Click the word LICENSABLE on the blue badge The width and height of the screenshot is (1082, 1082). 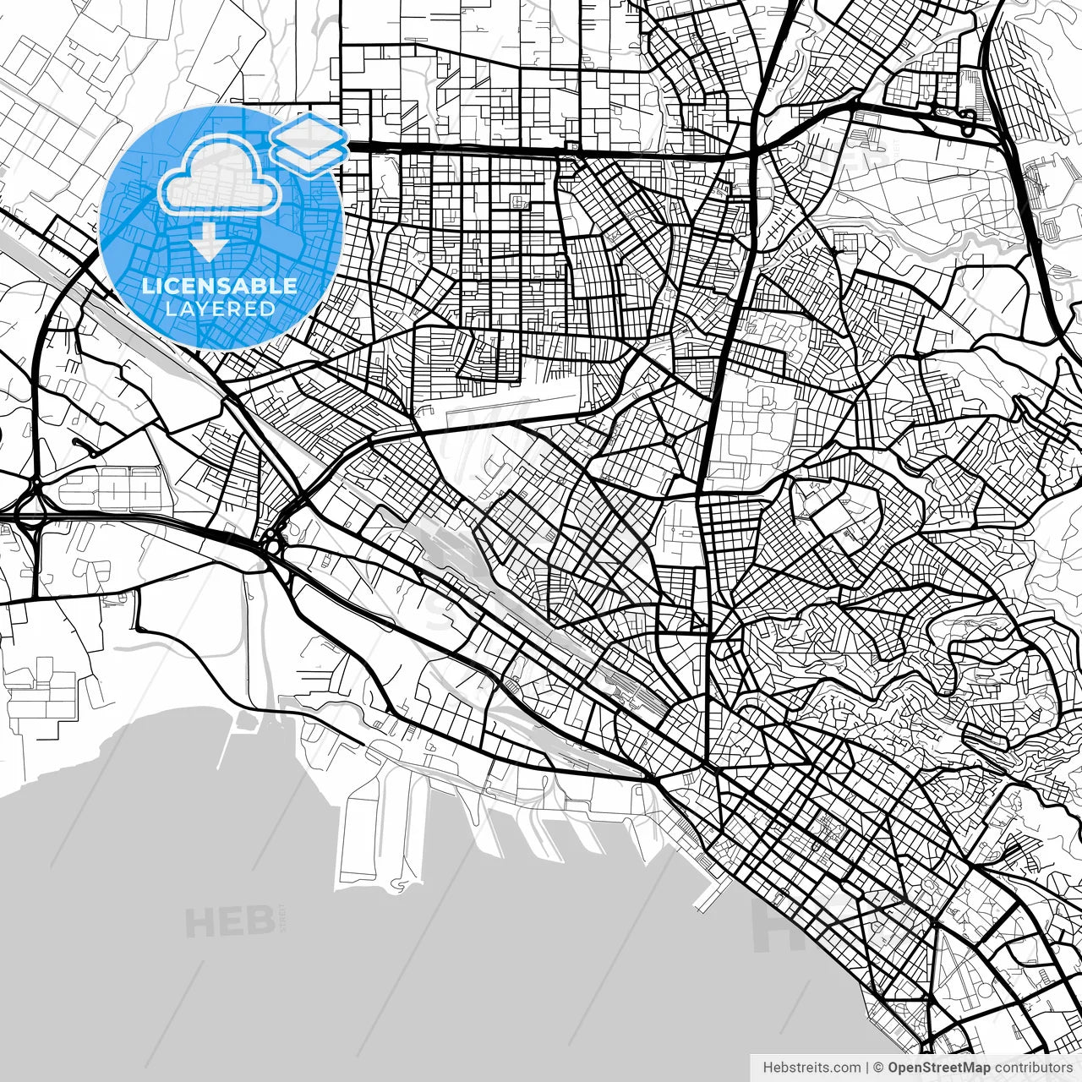coord(220,286)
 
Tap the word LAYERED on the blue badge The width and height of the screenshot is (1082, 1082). coord(220,309)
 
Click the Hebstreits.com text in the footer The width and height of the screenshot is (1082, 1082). coord(811,1068)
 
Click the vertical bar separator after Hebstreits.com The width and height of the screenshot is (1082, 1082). coord(867,1068)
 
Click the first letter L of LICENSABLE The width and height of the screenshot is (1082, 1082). coord(147,286)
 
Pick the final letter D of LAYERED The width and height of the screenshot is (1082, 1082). coord(269,309)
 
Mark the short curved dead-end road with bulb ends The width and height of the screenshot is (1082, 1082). coord(85,443)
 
